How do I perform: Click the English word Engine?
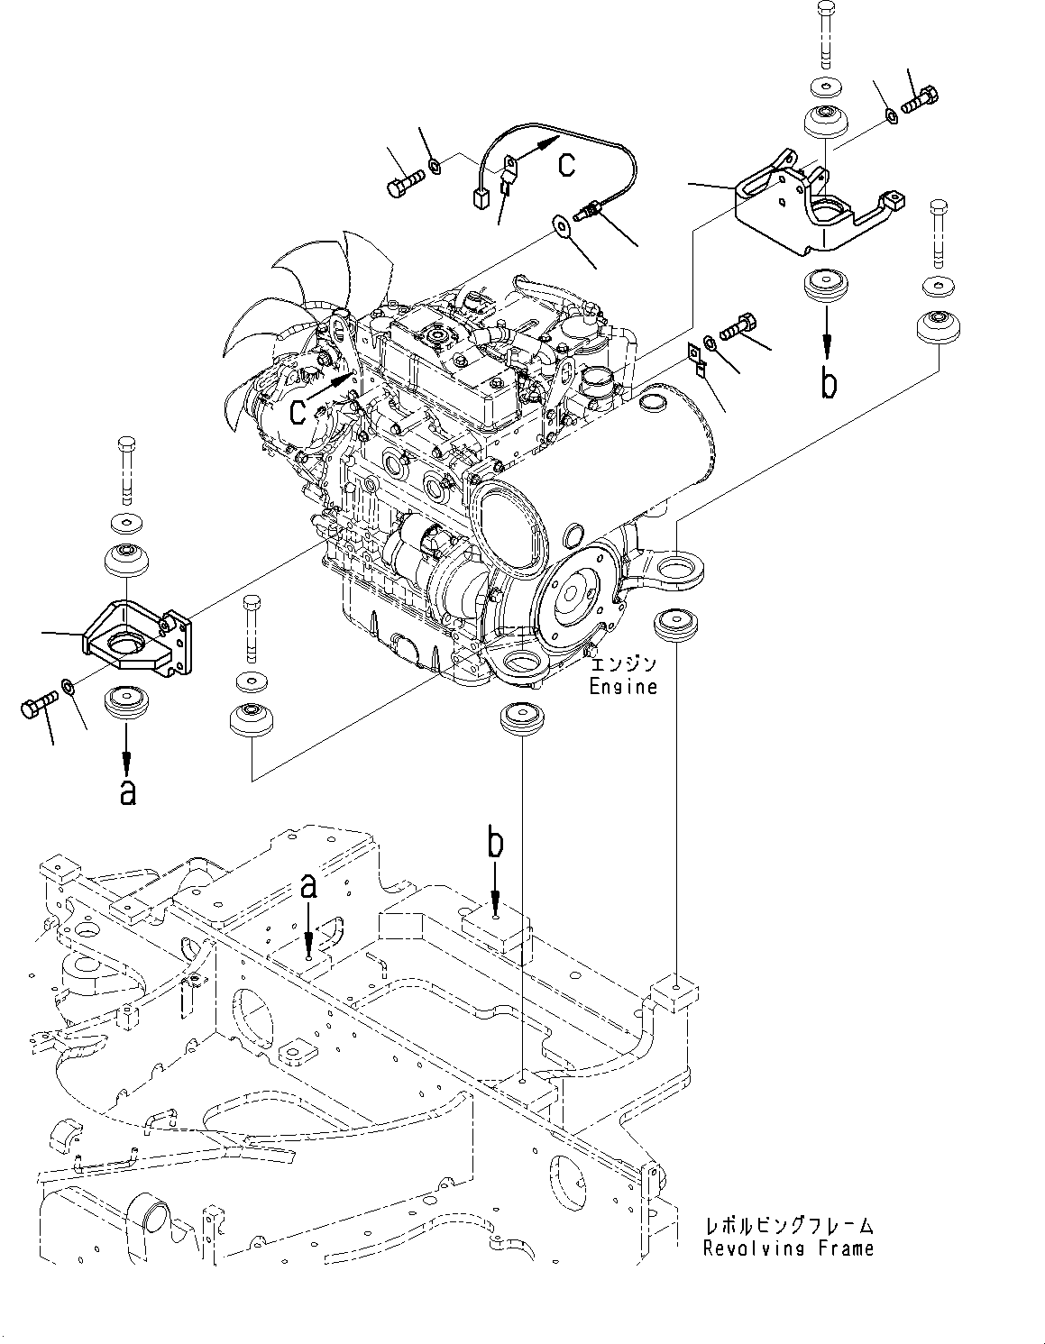(x=623, y=686)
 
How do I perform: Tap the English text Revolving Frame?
(x=788, y=1248)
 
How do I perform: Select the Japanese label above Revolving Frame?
(x=788, y=1226)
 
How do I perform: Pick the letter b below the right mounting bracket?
(x=828, y=383)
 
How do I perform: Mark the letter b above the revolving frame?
(x=495, y=843)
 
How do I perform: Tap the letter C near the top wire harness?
(x=565, y=164)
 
